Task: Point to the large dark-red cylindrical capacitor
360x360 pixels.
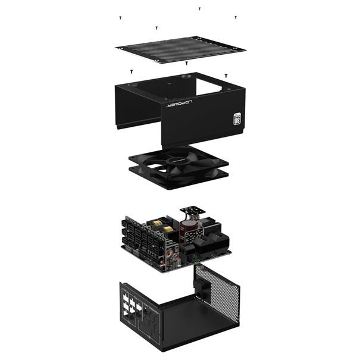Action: pos(187,229)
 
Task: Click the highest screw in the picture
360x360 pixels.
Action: pos(199,9)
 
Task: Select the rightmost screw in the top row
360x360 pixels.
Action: pos(235,18)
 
